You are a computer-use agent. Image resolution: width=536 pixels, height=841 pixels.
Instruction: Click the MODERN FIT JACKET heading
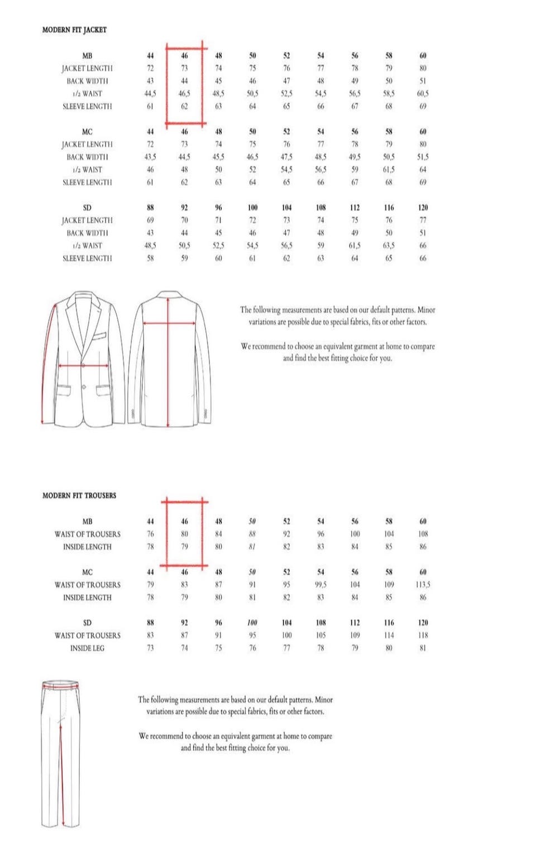74,30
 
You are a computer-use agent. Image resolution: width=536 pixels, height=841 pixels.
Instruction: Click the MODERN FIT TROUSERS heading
79,495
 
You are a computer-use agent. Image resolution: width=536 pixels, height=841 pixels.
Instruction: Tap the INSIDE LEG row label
87,648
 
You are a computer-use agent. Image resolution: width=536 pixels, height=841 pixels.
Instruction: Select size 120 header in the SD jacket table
423,208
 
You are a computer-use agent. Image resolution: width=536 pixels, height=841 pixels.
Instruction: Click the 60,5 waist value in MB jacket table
423,94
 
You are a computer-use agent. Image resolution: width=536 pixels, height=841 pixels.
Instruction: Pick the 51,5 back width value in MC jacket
423,157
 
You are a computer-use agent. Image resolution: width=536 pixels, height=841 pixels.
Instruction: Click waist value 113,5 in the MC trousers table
423,585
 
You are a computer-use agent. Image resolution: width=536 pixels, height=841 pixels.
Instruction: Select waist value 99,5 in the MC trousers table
320,585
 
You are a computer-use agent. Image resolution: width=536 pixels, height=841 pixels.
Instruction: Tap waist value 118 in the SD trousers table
423,635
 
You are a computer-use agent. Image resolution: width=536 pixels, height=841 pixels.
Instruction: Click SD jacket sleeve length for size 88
150,258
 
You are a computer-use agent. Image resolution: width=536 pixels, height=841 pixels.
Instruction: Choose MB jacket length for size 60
423,68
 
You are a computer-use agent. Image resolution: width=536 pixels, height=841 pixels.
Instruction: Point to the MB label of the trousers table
87,522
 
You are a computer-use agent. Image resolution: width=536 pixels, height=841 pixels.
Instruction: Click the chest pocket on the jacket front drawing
99,337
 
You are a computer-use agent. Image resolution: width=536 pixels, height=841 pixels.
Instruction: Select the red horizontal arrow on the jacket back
169,322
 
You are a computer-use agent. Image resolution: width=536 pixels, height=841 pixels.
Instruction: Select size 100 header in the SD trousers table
252,623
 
